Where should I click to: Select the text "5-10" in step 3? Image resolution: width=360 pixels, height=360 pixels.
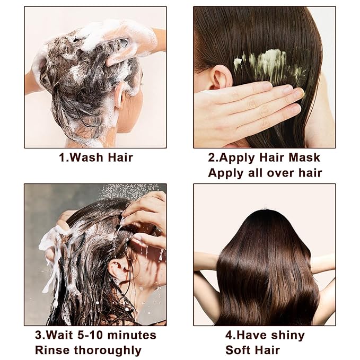click(x=89, y=335)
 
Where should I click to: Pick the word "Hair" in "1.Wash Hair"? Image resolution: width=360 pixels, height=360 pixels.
click(x=120, y=157)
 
